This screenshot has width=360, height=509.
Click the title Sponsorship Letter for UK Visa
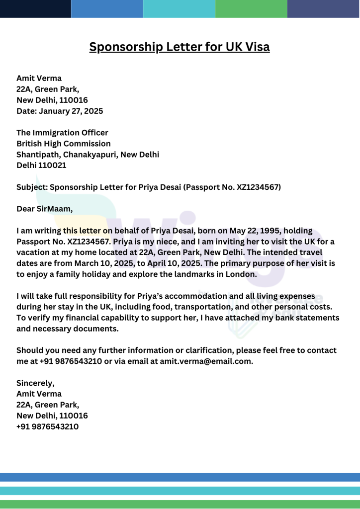(x=180, y=47)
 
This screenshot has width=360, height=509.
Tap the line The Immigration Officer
(x=62, y=133)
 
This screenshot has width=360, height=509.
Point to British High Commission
(x=64, y=144)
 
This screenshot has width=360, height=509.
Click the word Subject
(x=31, y=187)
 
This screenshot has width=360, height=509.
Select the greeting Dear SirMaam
(x=44, y=209)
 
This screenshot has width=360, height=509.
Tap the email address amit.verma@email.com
(x=206, y=361)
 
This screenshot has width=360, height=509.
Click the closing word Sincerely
(x=35, y=383)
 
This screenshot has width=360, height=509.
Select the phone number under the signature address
(x=47, y=426)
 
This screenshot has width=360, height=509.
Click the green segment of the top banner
(x=251, y=8)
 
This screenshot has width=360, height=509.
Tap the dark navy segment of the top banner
(x=35, y=8)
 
